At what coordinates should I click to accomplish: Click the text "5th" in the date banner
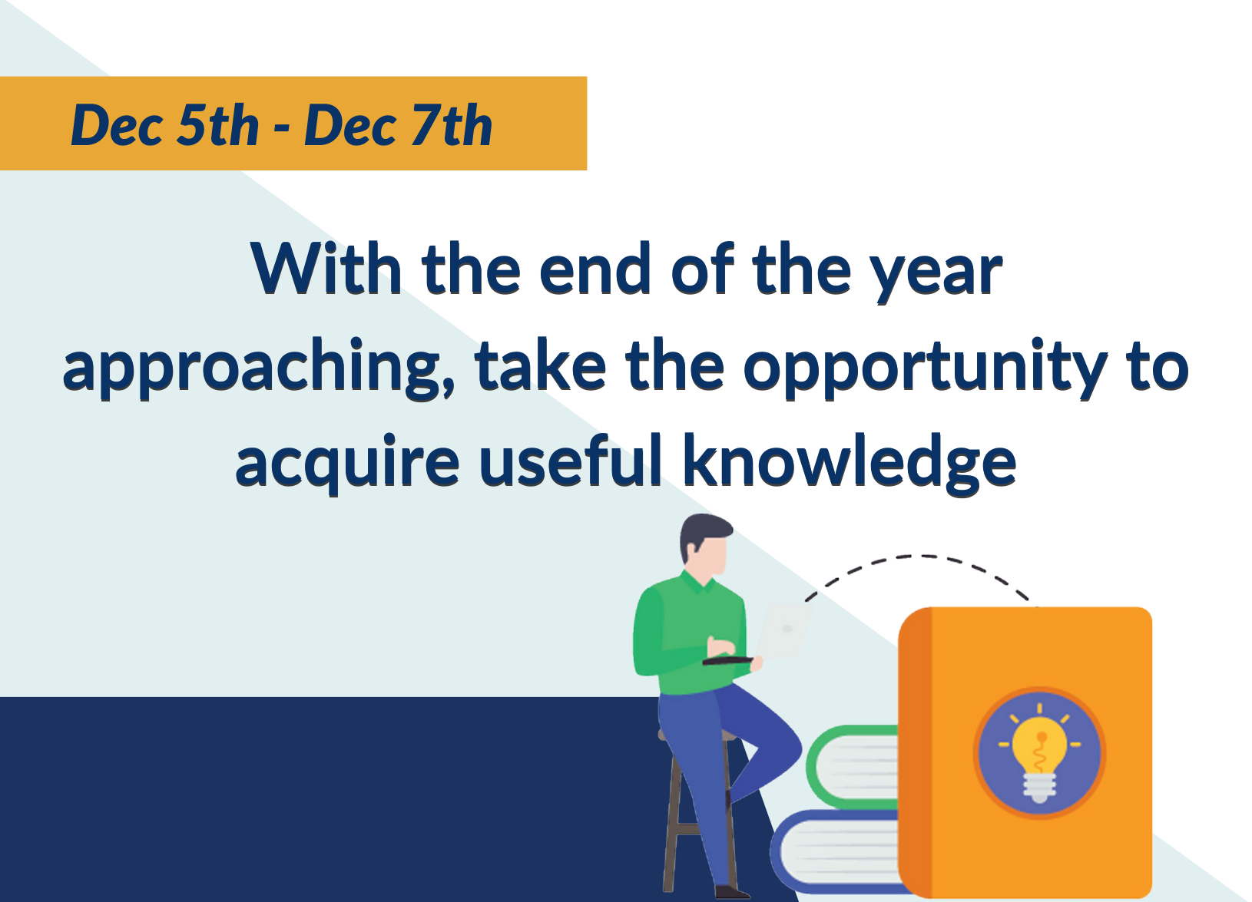217,126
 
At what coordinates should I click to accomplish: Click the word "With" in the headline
326,268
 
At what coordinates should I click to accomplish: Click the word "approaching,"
259,368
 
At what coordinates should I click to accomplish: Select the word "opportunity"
925,368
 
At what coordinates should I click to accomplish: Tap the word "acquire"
346,464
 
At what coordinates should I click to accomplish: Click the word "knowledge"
850,464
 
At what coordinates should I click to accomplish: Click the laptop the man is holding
783,630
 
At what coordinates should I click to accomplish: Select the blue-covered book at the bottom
839,852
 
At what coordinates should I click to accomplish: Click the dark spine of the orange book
915,752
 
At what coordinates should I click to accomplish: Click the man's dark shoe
732,893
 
